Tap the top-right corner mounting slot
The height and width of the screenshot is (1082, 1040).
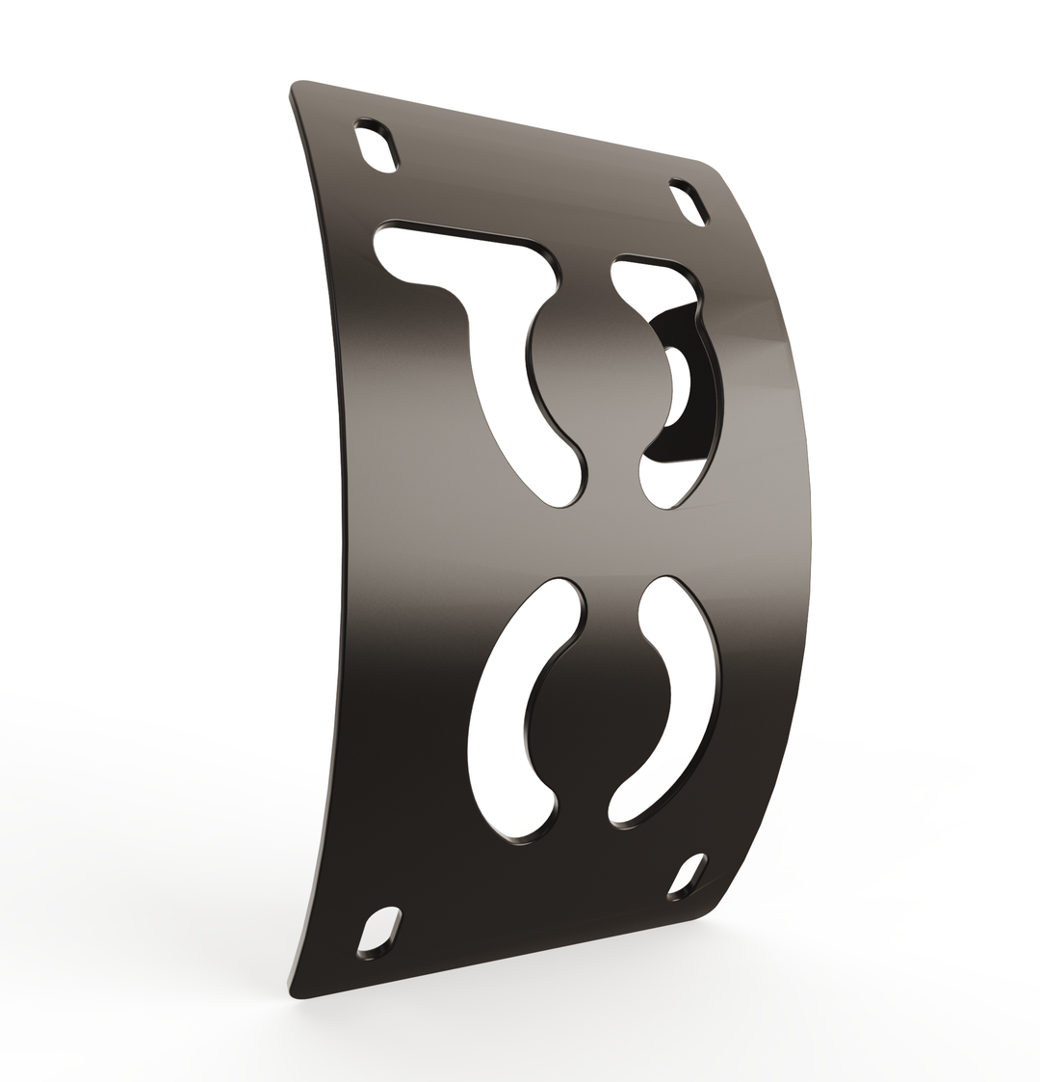click(689, 203)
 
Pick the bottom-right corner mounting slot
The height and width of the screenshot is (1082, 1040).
click(688, 875)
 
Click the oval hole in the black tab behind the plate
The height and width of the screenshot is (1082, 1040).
click(678, 385)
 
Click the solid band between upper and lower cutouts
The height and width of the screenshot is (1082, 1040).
click(578, 540)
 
